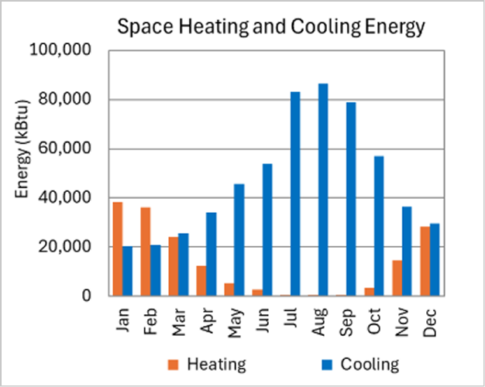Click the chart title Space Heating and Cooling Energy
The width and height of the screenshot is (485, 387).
[x=270, y=28]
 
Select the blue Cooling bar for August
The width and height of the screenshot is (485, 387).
[x=323, y=190]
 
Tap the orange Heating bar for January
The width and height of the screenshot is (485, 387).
[x=118, y=248]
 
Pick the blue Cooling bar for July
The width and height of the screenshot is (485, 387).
[x=295, y=193]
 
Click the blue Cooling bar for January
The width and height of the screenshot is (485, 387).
[x=127, y=271]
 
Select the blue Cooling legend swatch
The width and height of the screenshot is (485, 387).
[x=326, y=364]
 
